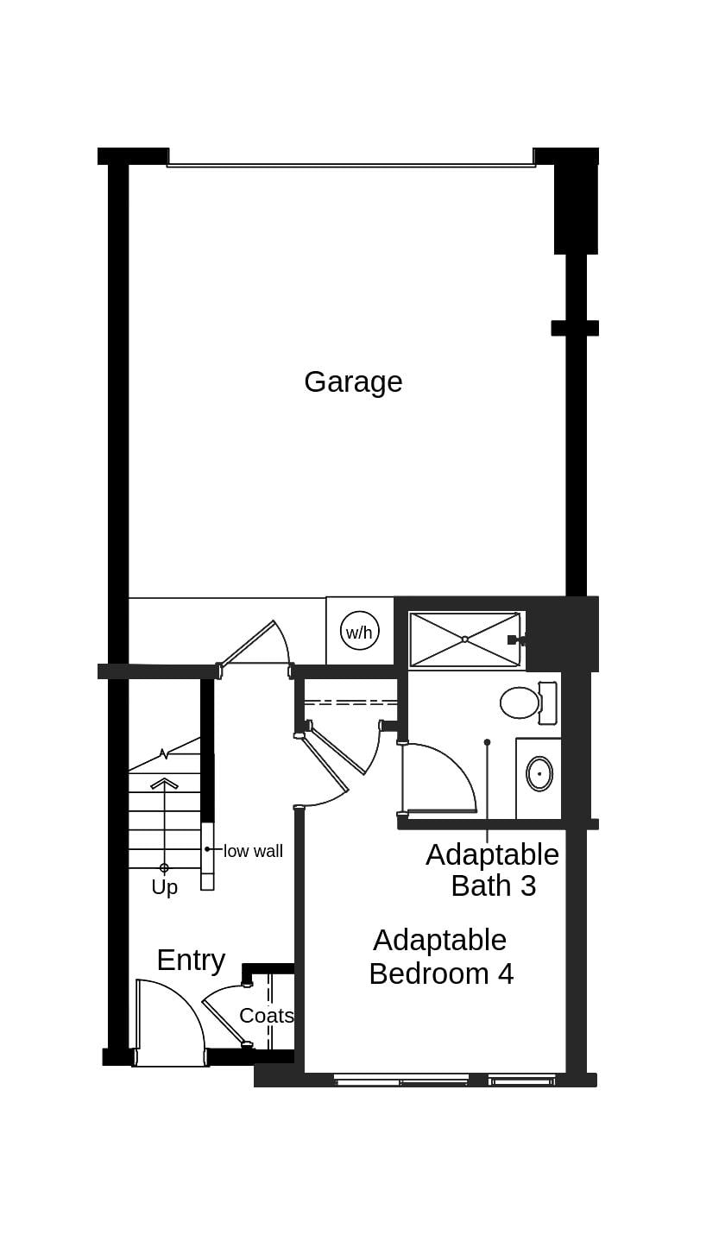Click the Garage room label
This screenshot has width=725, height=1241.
click(353, 381)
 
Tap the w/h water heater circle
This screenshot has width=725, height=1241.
click(359, 631)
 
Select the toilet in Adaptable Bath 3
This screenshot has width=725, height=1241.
click(520, 702)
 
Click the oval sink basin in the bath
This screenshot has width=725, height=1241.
click(539, 774)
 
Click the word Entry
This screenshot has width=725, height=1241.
click(191, 960)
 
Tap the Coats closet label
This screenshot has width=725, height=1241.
click(266, 1016)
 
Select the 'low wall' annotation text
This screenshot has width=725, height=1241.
click(253, 851)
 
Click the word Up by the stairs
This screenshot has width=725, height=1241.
click(164, 887)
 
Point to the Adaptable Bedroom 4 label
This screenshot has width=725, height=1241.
click(440, 956)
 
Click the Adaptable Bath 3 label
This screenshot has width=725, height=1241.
click(493, 870)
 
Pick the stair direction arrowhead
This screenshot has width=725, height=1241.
click(164, 783)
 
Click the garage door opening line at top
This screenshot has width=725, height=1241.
click(350, 163)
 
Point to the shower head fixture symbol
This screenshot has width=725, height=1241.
click(515, 639)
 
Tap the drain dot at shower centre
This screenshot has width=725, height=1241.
click(464, 639)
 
